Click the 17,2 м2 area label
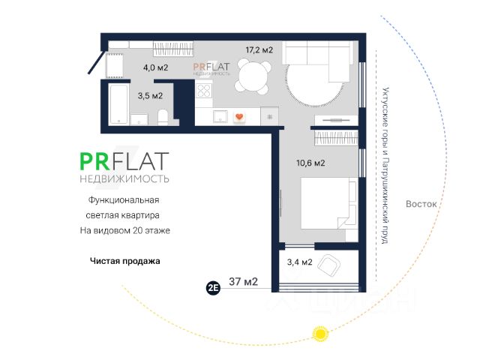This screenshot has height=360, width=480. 259,50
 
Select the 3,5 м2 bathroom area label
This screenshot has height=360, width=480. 151,95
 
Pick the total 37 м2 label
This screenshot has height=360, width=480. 243,283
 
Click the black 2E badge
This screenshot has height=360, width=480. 213,286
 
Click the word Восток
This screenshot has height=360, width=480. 420,204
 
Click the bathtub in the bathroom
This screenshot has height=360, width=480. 119,106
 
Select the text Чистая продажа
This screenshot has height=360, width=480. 125,262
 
